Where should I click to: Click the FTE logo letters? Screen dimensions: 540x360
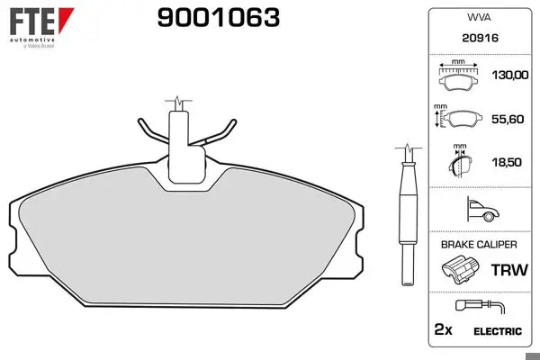(32, 22)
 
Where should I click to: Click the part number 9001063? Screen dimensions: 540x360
(219, 18)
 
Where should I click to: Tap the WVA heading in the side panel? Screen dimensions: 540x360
(479, 17)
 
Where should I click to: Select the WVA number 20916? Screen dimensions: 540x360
(480, 38)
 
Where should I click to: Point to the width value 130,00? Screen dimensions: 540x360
(510, 75)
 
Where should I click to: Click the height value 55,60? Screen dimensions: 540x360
(508, 119)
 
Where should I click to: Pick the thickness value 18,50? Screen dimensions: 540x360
(507, 162)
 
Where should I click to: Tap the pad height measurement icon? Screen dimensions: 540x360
(458, 117)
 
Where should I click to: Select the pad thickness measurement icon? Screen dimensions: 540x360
(460, 161)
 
